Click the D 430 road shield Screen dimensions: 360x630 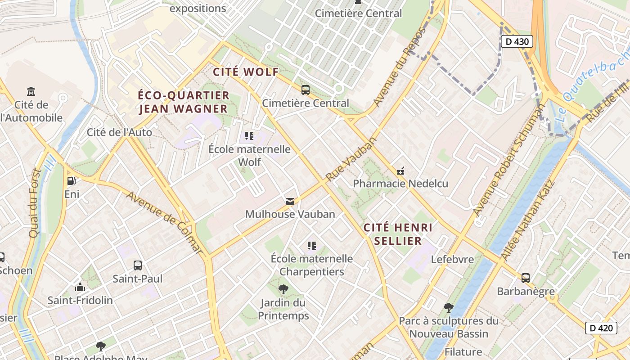[x=517, y=42]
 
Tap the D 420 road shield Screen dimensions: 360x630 [x=601, y=328]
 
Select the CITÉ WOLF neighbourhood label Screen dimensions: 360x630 [x=246, y=72]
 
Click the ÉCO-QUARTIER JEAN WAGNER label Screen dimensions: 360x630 [x=184, y=102]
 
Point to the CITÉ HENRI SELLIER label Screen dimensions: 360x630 [x=398, y=234]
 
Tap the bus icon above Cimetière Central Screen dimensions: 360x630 [x=306, y=90]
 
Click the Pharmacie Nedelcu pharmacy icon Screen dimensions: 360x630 [x=400, y=171]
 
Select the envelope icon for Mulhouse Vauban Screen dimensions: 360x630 [x=290, y=201]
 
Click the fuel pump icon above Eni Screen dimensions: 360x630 [x=71, y=181]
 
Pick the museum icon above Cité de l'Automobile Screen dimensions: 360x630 [x=31, y=92]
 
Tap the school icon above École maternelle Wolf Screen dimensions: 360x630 [x=249, y=136]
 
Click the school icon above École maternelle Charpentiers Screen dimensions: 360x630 [x=311, y=246]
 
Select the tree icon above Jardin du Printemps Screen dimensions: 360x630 [x=283, y=289]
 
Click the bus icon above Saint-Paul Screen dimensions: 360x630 [x=138, y=265]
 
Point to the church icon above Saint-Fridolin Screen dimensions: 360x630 [x=80, y=287]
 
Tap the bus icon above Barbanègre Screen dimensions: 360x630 [x=525, y=278]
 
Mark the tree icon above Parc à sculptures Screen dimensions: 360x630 [x=448, y=308]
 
